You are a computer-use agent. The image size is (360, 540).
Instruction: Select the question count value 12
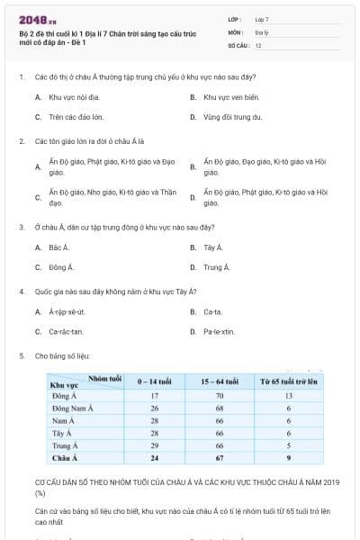[x=259, y=45]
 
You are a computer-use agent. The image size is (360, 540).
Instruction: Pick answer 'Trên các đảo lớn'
[x=76, y=117]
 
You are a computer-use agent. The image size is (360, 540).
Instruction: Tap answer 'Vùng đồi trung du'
[x=232, y=117]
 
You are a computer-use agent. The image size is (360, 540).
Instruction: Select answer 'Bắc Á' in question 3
[x=59, y=247]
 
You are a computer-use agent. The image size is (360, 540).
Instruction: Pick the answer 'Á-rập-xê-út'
[x=67, y=311]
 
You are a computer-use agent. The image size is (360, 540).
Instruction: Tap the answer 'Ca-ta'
[x=213, y=311]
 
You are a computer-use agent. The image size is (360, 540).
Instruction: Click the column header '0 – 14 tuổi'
[x=154, y=382]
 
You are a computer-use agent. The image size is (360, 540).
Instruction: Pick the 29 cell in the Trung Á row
[x=154, y=445]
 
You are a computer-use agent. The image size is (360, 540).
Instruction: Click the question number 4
[x=21, y=292]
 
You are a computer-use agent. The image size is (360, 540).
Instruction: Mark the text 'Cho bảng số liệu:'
[x=63, y=356]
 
